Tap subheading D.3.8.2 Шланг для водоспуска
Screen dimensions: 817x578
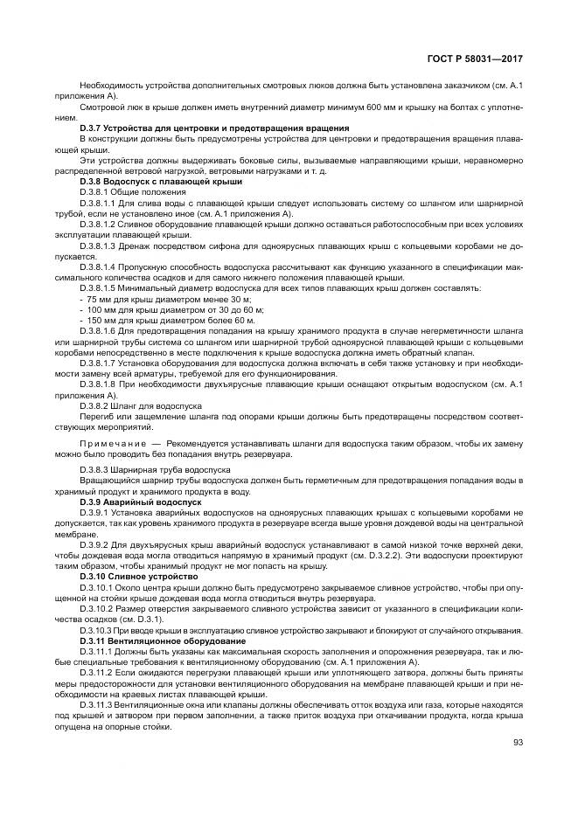pyautogui.click(x=141, y=406)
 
